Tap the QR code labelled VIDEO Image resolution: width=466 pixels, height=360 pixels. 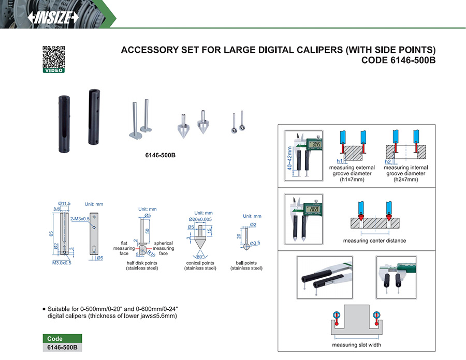click(x=53, y=57)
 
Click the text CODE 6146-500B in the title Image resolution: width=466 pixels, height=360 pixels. click(x=399, y=60)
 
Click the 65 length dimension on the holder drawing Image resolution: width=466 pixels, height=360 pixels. click(x=51, y=233)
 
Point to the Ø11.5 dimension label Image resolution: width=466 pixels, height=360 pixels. click(x=65, y=203)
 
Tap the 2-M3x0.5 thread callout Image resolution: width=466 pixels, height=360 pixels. click(x=80, y=218)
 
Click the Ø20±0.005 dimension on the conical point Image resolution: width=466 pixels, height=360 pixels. click(x=200, y=220)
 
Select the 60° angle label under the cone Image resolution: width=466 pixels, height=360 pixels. click(x=200, y=257)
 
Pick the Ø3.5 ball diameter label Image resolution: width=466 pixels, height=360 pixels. click(x=255, y=243)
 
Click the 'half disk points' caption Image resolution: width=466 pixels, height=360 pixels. click(x=141, y=263)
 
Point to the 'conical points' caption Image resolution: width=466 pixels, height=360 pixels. click(x=200, y=263)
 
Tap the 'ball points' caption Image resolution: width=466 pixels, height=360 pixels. click(x=246, y=263)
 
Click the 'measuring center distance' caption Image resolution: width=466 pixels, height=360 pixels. click(x=374, y=241)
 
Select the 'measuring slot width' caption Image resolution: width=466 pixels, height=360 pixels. click(x=356, y=345)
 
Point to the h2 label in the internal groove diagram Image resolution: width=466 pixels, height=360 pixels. click(x=388, y=161)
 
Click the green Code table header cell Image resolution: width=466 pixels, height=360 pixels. click(x=62, y=339)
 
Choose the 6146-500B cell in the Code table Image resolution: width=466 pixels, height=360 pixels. click(x=62, y=348)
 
